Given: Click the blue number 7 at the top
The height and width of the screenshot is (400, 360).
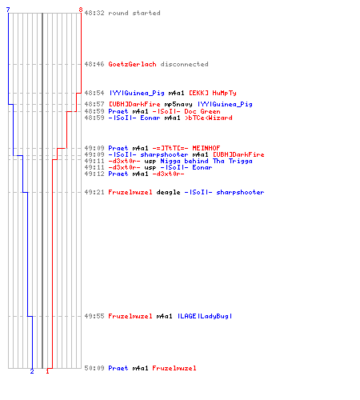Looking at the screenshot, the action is (x=8, y=10).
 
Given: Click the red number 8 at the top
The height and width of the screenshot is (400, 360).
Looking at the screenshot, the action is (x=81, y=10).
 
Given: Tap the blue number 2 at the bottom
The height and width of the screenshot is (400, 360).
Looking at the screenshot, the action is (x=32, y=371).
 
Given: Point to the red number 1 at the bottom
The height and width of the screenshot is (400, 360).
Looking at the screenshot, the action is (x=47, y=371).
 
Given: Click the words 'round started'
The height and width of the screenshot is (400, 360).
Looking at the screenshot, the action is (x=134, y=13).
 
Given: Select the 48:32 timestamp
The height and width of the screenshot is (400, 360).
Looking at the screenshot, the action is (x=94, y=13).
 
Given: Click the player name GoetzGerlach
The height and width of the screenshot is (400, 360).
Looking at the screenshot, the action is (x=132, y=64).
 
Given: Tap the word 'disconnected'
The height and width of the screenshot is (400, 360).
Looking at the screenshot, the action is (x=184, y=64).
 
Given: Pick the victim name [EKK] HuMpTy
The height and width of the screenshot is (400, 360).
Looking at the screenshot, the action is (x=213, y=93).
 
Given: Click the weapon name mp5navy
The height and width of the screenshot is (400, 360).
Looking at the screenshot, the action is (x=178, y=104).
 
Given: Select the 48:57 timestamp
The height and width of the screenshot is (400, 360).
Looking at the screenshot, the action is (x=94, y=104).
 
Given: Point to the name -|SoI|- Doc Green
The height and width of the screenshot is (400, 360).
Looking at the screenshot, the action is (x=186, y=111).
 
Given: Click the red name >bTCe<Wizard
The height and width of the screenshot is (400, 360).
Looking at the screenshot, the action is (x=209, y=118).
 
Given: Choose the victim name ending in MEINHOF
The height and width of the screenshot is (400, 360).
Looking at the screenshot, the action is (x=186, y=148).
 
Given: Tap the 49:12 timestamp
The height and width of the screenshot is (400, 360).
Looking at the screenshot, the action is (x=94, y=174).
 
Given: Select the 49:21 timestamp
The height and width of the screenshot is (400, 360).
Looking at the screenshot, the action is (x=94, y=192).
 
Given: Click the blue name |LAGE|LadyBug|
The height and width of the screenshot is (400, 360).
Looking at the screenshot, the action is (x=205, y=316).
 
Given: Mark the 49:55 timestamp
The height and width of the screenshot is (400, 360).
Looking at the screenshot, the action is (x=94, y=316).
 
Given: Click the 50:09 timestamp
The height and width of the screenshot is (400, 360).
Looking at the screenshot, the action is (x=94, y=368).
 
